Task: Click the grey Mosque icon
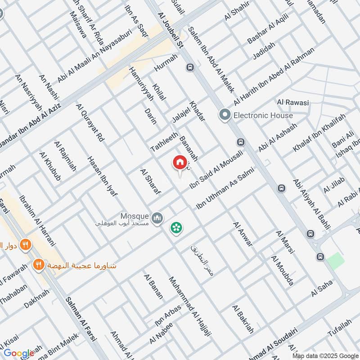coord(157,218)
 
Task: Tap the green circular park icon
coord(176,228)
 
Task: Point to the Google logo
coord(19,353)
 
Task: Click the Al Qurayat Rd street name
coord(90,123)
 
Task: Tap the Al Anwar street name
coord(243,234)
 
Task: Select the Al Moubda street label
coord(282,270)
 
